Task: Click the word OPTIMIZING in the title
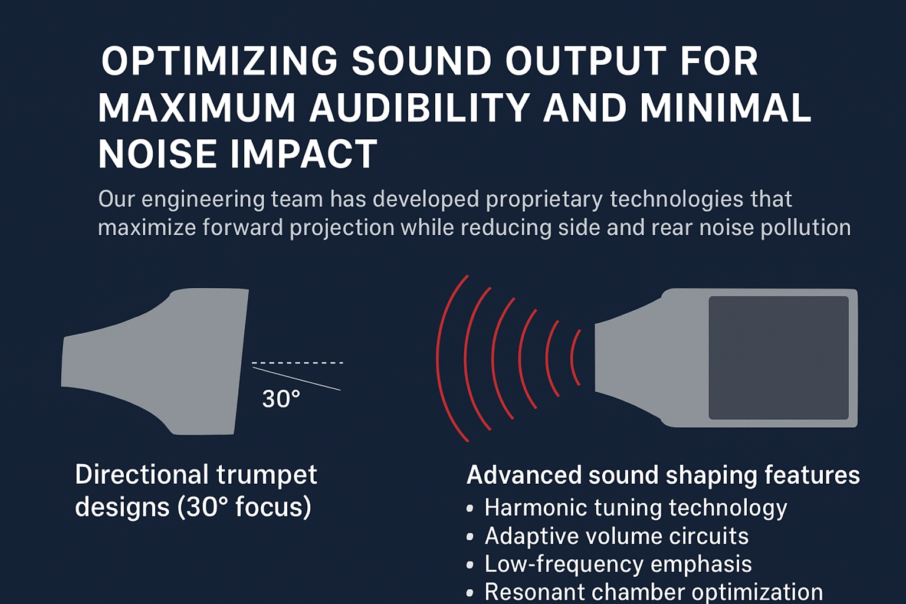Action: click(x=219, y=61)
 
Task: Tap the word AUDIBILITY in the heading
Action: click(x=419, y=107)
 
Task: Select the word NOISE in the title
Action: click(x=157, y=154)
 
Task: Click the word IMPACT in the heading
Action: click(x=304, y=154)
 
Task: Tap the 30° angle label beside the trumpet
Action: click(x=281, y=399)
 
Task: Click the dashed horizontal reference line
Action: click(x=298, y=363)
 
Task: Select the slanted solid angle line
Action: click(x=297, y=379)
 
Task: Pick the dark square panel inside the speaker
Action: click(x=779, y=357)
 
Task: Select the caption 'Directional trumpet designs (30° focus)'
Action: click(x=196, y=491)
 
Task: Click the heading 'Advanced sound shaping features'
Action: click(x=663, y=475)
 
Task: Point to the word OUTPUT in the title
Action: click(x=586, y=61)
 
